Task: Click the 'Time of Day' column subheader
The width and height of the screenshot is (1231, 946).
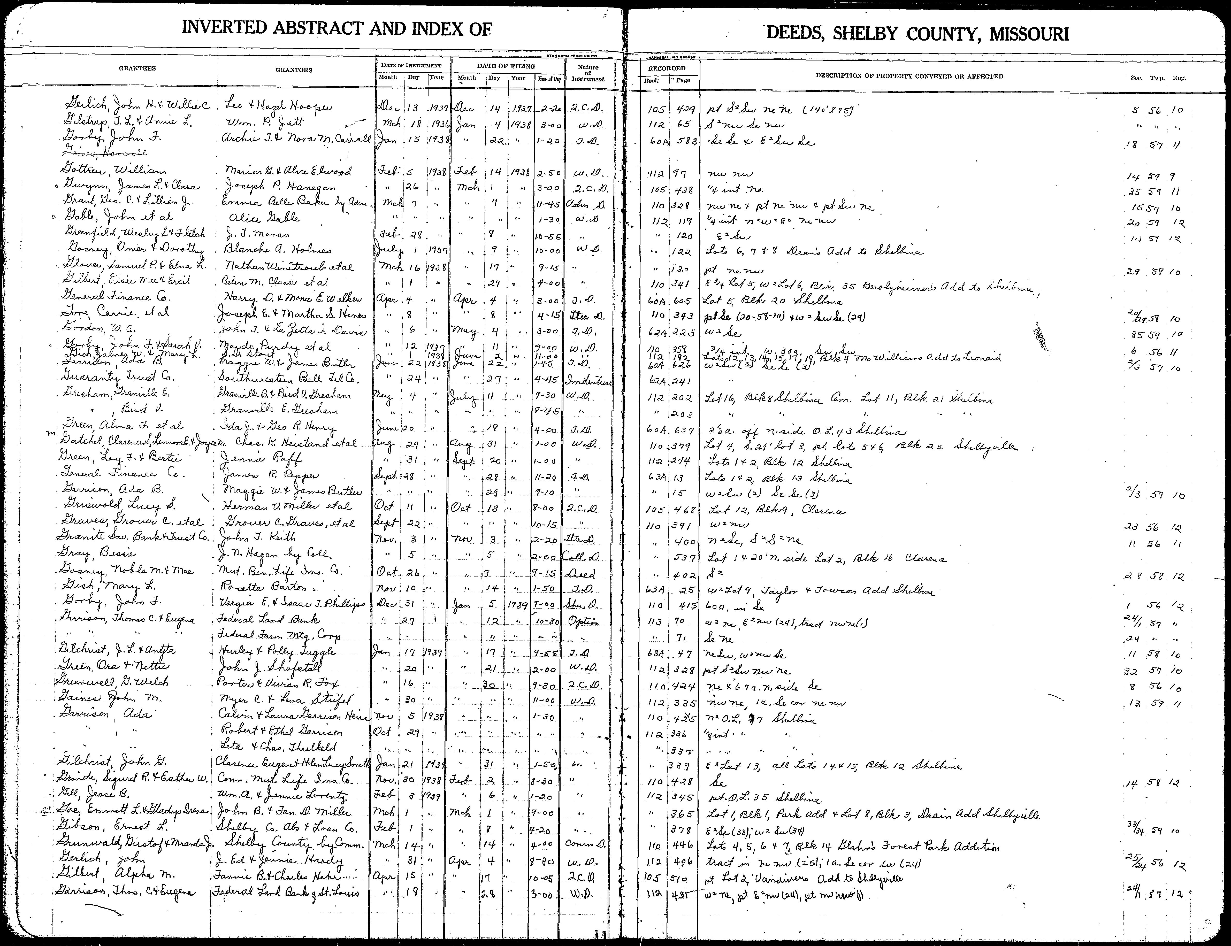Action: (x=550, y=79)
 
